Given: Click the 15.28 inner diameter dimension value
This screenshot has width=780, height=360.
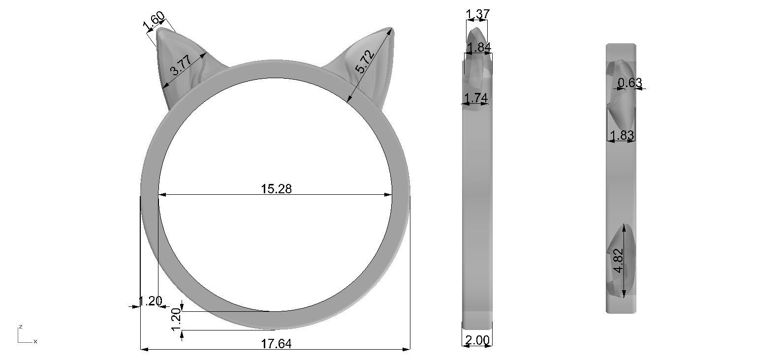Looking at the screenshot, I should pos(276,189).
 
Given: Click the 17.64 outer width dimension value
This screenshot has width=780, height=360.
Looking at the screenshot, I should pos(276,344).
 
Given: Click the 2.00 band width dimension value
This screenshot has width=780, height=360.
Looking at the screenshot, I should pos(477,340).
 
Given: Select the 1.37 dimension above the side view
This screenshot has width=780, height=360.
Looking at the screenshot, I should pos(478,14).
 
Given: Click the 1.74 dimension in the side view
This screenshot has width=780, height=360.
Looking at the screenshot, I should pos(476,98).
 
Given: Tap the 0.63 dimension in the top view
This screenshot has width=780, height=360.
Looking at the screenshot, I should pos(630,83).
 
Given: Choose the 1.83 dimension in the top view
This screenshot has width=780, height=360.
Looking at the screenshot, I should pos(622,135).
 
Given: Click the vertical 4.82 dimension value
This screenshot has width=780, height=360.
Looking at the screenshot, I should pos(619,261).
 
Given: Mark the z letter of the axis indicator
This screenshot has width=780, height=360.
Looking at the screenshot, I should pos(20,327).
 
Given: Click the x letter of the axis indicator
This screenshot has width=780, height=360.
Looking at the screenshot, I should pos(35,341).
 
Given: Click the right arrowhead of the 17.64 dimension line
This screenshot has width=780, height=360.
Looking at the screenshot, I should pos(407,349).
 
